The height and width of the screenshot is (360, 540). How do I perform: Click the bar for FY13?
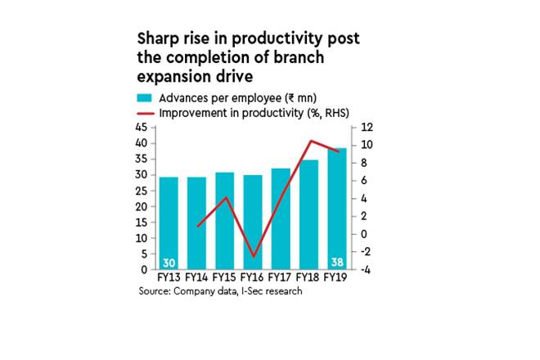click(x=169, y=223)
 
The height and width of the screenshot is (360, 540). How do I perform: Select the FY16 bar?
click(x=253, y=223)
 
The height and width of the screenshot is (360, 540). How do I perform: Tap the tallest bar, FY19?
click(x=337, y=209)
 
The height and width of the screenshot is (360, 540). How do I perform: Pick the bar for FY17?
click(x=281, y=218)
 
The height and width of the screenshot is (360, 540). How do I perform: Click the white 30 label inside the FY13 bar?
click(x=169, y=263)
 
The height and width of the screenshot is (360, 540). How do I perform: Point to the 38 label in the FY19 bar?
click(x=337, y=262)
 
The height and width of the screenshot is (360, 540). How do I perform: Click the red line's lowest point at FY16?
click(x=254, y=256)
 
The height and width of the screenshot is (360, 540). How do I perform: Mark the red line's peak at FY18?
click(x=311, y=141)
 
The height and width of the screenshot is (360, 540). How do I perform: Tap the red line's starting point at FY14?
click(x=198, y=226)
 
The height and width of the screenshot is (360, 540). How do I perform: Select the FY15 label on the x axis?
click(x=224, y=277)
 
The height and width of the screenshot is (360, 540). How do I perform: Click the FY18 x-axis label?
click(x=307, y=277)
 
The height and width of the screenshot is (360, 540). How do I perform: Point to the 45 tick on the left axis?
click(x=142, y=128)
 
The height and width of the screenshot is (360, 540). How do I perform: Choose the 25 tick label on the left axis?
click(x=142, y=191)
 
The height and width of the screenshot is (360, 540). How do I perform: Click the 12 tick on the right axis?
click(x=367, y=128)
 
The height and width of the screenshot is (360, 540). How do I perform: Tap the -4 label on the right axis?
click(x=366, y=270)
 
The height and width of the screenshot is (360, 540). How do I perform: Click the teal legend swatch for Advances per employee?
click(x=144, y=98)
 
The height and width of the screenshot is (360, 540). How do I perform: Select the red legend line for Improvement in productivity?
click(x=146, y=114)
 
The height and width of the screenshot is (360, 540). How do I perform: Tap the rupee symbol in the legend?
click(x=291, y=98)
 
